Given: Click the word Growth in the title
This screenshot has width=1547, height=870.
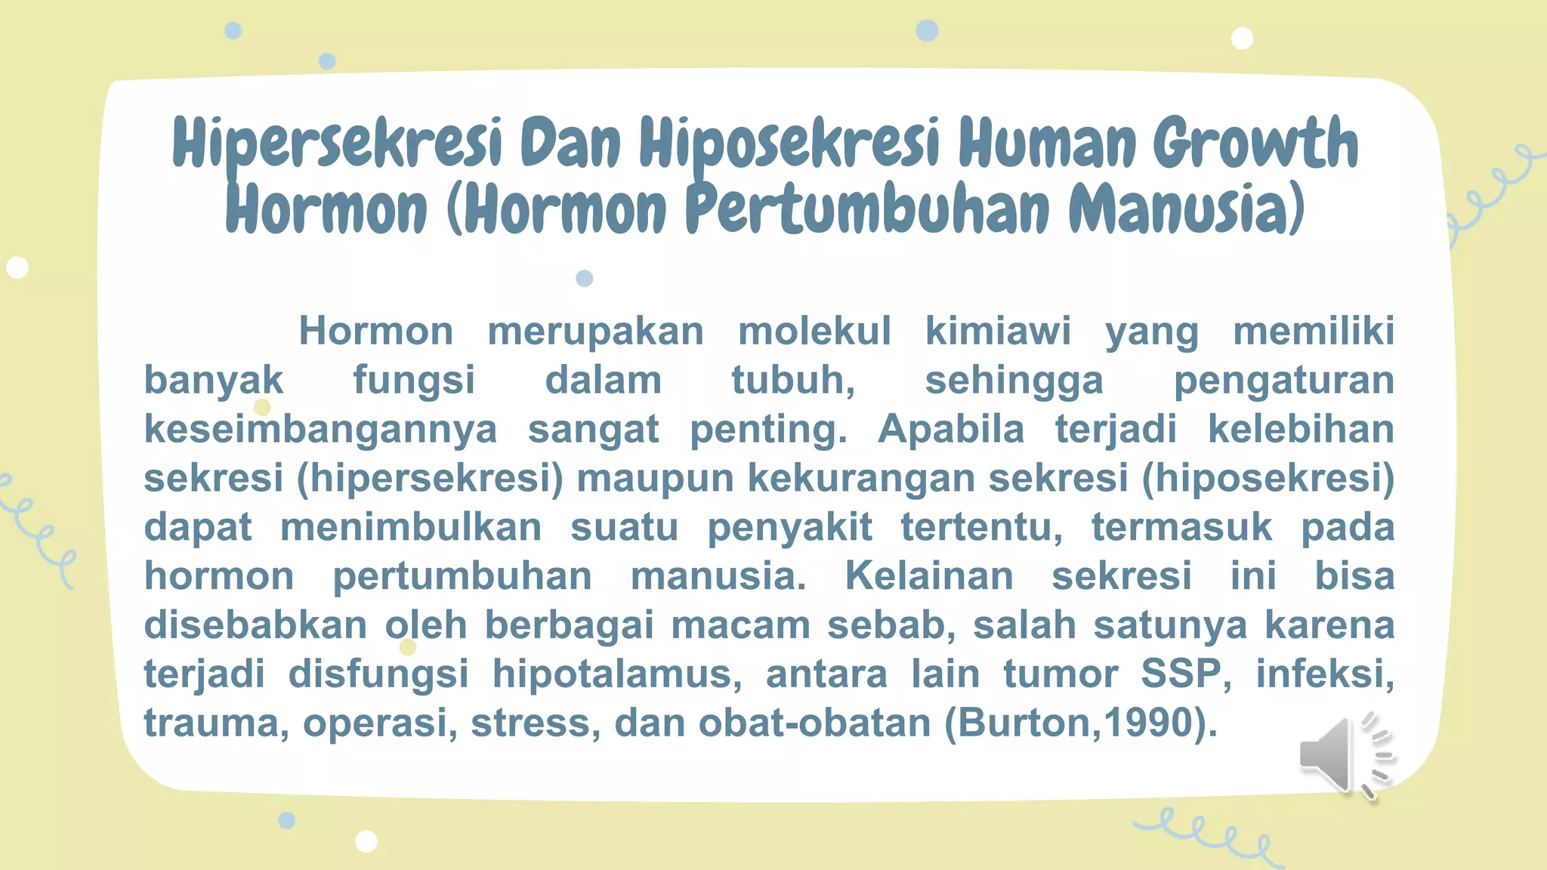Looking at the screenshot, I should (1255, 143).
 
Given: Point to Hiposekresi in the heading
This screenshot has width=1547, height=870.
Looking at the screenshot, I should (789, 143).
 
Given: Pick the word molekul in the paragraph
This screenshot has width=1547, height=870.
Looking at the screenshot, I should (814, 332).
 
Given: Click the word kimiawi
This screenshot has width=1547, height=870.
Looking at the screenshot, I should (998, 332).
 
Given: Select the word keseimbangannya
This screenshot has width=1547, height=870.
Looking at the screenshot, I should (320, 430).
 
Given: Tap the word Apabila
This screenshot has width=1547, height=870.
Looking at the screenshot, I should (951, 430).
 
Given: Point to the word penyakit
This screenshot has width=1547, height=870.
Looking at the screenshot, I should (789, 528).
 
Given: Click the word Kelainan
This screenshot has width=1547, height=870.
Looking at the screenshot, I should (928, 576).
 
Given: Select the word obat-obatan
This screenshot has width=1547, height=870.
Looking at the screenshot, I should (814, 723).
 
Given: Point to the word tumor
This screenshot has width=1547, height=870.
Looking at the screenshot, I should (1060, 674).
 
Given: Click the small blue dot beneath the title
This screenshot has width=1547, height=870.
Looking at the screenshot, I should (584, 279).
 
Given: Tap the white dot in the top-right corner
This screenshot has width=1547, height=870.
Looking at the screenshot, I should (1242, 38).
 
